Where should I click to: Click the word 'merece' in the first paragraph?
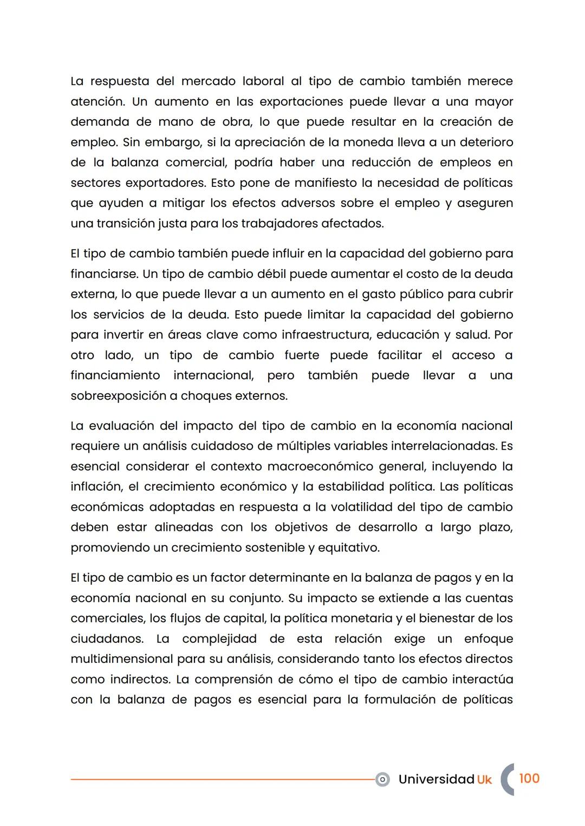490,81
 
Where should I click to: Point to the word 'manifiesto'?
324,183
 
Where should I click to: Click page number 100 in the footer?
529,779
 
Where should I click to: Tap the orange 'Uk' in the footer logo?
484,779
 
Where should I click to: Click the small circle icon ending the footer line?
382,779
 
